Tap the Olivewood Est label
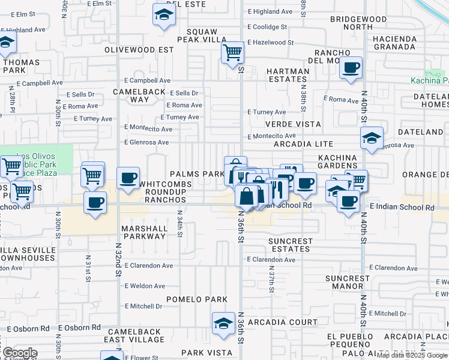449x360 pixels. pyautogui.click(x=139, y=50)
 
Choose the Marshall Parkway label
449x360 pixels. pyautogui.click(x=144, y=232)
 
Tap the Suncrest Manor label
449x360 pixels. pyautogui.click(x=348, y=282)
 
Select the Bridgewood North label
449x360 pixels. pyautogui.click(x=358, y=23)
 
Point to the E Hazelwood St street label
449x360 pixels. pyautogui.click(x=270, y=43)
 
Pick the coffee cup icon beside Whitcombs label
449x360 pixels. pyautogui.click(x=128, y=178)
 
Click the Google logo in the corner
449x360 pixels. pyautogui.click(x=19, y=353)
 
